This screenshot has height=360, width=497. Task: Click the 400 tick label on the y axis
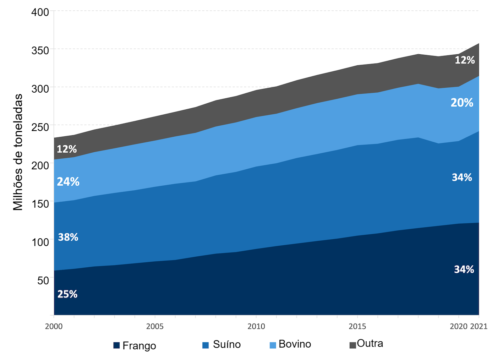[40, 12]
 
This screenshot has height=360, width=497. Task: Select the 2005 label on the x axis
[155, 326]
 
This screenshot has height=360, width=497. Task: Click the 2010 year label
[256, 326]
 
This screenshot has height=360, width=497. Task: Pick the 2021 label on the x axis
[479, 326]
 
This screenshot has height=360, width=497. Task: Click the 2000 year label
[54, 326]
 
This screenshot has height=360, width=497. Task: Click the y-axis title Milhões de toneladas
[18, 152]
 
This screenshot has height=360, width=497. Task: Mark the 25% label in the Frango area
[67, 294]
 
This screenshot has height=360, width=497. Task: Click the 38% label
[68, 237]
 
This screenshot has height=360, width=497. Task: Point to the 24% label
[68, 182]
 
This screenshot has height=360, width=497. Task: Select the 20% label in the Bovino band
[462, 103]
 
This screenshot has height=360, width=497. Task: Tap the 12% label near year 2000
[67, 149]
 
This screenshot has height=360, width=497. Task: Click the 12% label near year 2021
[465, 60]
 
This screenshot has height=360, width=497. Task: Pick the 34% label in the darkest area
[464, 269]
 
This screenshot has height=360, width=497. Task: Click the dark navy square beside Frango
[116, 345]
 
